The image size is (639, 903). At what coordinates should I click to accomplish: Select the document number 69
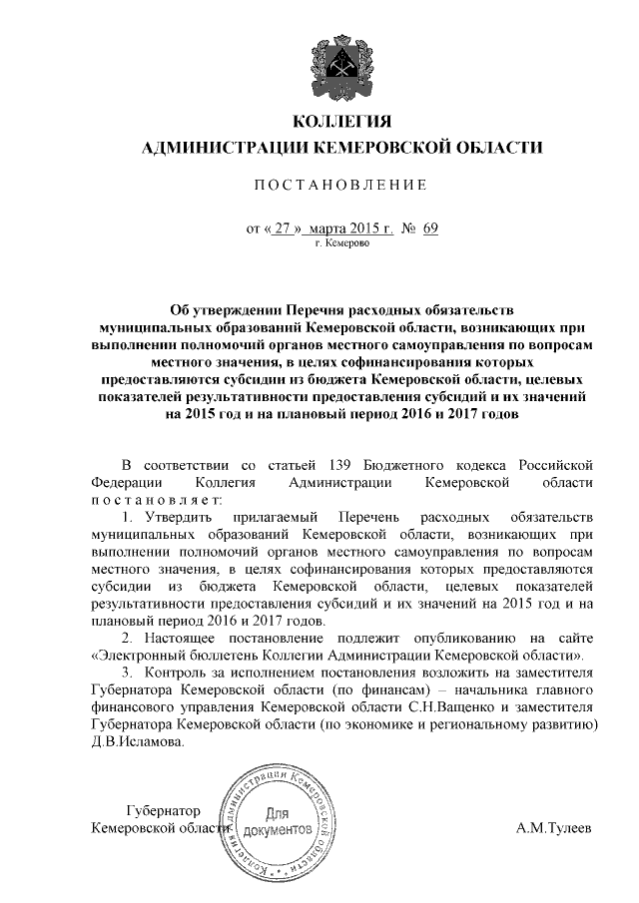[430, 228]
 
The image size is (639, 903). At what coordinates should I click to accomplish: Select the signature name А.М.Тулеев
[553, 829]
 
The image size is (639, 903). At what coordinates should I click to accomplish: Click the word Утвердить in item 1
[171, 519]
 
